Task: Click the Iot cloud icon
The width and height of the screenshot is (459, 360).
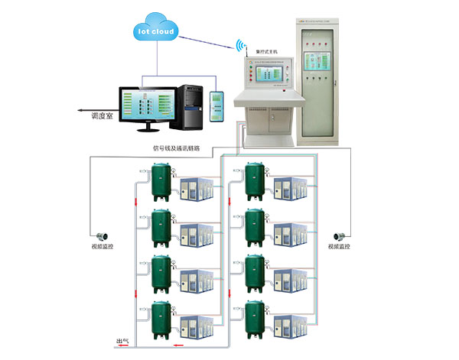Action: (156, 31)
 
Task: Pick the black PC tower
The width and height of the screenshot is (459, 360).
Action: (190, 102)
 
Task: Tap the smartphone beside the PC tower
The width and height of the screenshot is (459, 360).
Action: (217, 105)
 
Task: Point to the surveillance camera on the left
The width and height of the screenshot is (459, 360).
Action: (100, 234)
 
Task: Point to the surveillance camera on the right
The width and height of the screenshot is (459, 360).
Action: (337, 234)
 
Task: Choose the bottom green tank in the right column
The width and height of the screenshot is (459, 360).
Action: (255, 321)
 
